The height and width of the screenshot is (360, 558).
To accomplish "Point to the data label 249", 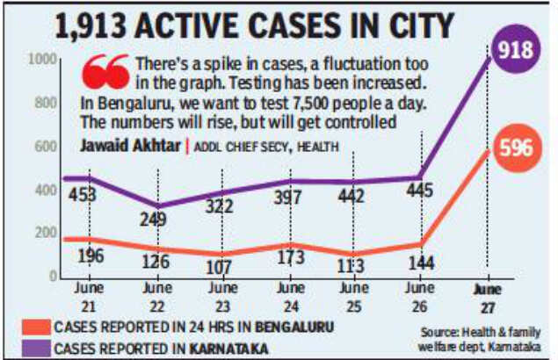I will click(153, 219).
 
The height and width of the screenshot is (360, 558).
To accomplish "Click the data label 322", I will click(220, 207).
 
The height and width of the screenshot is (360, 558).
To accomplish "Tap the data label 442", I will click(351, 196).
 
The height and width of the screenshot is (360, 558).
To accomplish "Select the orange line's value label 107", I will click(220, 268).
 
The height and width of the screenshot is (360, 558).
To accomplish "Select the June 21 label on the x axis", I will click(87, 295).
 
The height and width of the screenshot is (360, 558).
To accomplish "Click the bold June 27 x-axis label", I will click(482, 295).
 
